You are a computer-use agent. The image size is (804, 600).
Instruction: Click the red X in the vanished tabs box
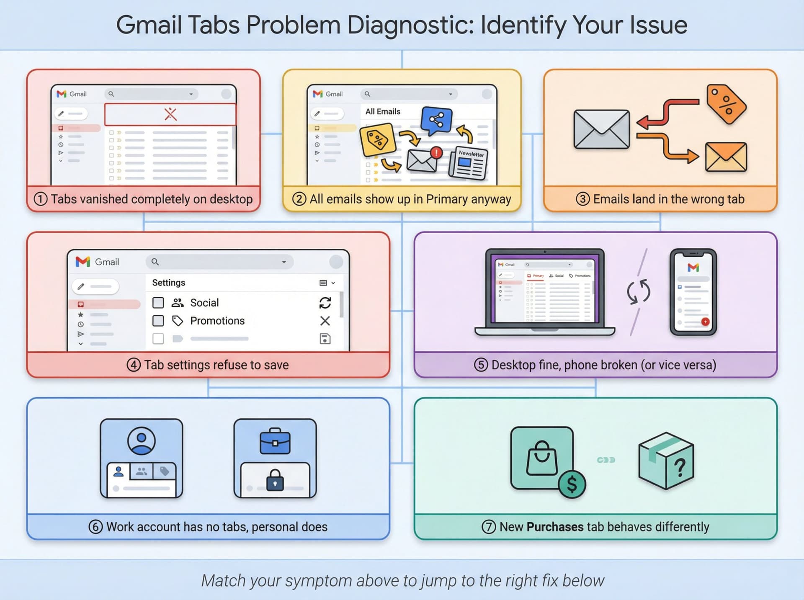[170, 114]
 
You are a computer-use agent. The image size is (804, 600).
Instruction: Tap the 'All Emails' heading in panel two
[383, 111]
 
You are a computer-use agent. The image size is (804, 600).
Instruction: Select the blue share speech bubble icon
[436, 121]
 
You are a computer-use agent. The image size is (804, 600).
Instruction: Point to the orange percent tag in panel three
[726, 104]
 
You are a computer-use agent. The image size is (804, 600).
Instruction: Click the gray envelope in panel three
[601, 129]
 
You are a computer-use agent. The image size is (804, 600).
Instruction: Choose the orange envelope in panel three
[726, 157]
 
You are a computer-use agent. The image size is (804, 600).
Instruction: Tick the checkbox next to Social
[158, 303]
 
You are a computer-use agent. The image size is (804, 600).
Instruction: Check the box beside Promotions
[158, 321]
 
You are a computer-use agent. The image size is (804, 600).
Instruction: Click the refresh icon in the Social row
[325, 303]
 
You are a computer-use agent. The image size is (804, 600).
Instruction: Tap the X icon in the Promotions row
[325, 321]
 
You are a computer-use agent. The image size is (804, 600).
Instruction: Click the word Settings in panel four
[168, 283]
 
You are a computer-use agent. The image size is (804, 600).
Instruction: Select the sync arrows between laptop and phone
[638, 291]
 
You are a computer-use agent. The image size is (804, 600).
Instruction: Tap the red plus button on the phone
[705, 322]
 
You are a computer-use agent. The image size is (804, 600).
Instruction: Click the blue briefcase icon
[275, 442]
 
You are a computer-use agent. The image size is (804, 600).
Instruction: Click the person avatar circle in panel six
[142, 440]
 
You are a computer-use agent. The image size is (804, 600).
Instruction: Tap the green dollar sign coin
[572, 484]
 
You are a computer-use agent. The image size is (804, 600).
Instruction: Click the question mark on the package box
[680, 467]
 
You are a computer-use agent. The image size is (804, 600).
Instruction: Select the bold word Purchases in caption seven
[555, 527]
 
